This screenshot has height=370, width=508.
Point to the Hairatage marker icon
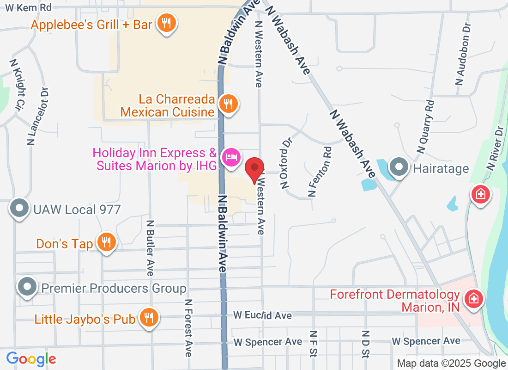(398, 167)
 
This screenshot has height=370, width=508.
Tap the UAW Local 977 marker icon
(19, 209)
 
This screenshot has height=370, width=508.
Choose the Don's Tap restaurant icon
(106, 242)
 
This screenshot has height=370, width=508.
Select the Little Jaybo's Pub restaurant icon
(149, 318)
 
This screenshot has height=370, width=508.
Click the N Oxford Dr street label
(286, 162)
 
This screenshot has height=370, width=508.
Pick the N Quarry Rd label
(426, 127)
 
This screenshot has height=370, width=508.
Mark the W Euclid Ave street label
(262, 315)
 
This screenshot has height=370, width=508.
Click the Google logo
(31, 358)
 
